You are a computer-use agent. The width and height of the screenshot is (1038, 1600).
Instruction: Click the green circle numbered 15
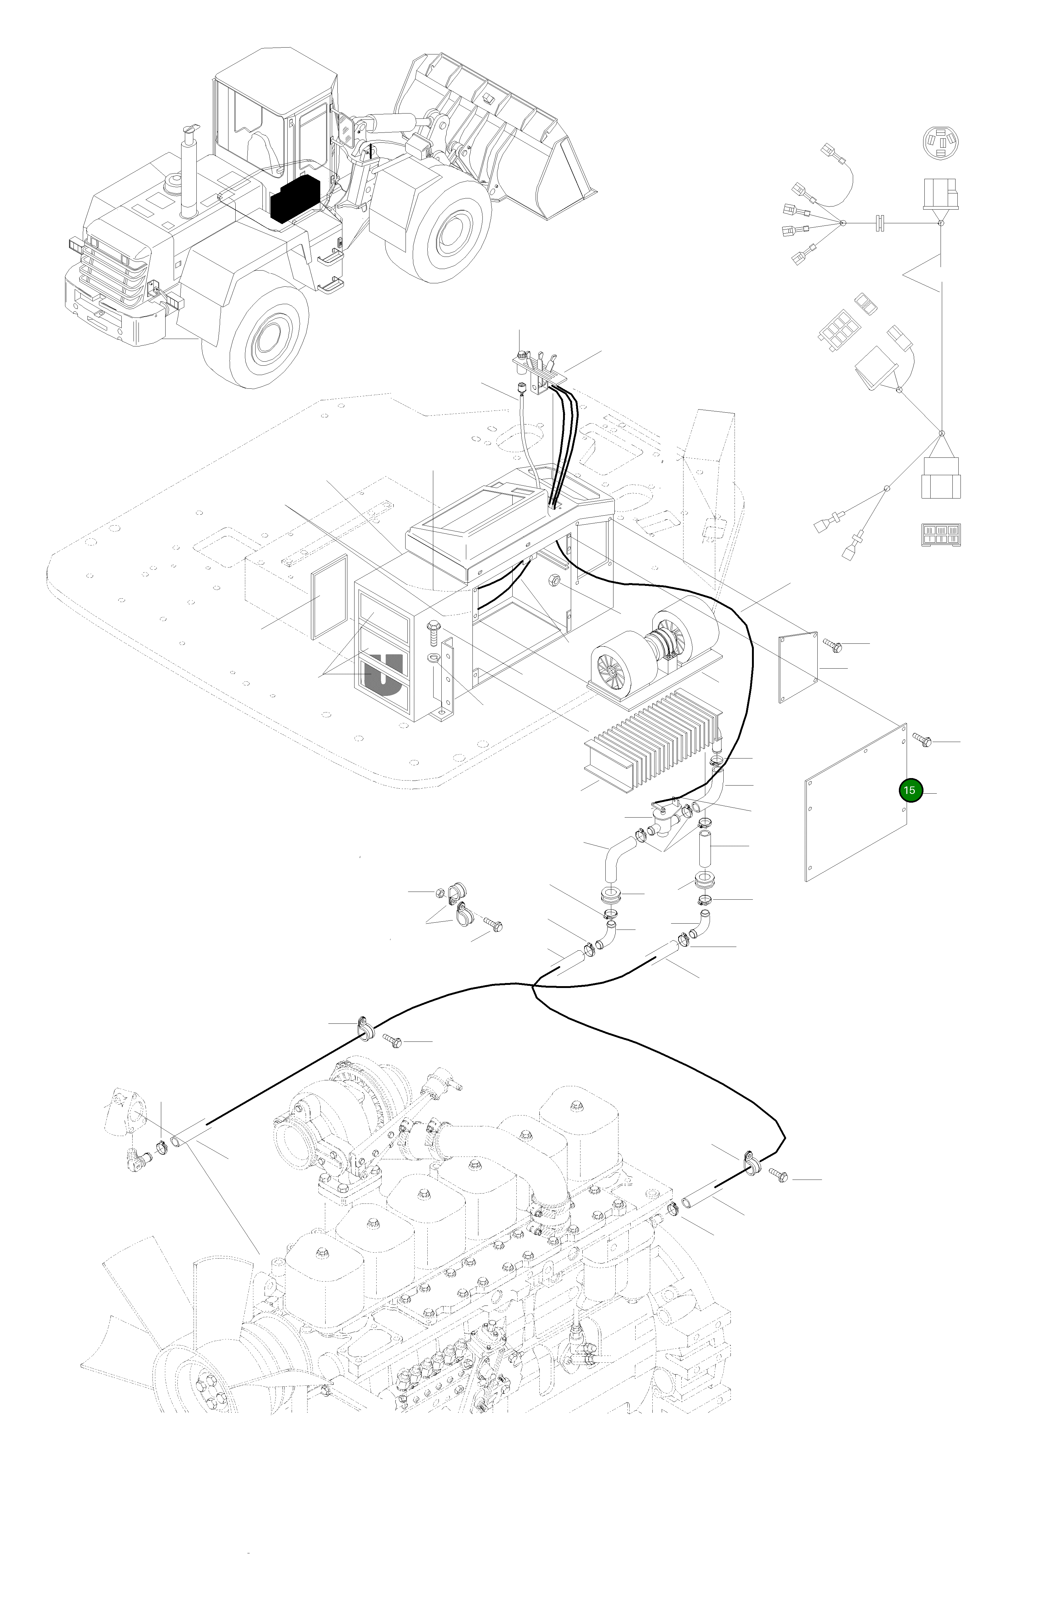click(x=909, y=791)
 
